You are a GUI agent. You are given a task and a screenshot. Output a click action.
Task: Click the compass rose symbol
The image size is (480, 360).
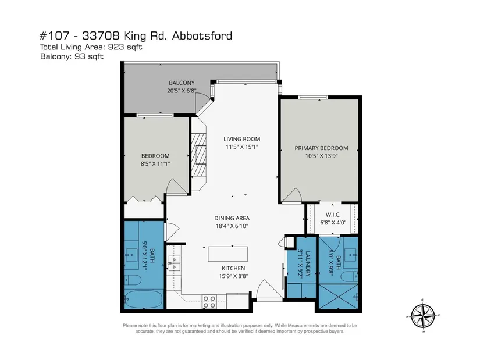(x=423, y=316)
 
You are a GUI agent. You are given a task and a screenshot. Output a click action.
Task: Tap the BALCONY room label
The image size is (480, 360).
(x=182, y=83)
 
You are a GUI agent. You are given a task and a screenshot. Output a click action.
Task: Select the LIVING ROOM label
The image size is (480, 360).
(x=241, y=139)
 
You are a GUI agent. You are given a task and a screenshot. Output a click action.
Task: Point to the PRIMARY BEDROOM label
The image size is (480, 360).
(x=321, y=148)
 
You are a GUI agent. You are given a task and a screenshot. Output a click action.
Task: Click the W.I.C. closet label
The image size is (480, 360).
(x=333, y=215)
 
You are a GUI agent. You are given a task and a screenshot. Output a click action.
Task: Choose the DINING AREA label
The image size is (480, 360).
(x=232, y=218)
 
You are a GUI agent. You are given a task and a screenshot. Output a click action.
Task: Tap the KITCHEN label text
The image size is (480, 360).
(x=233, y=268)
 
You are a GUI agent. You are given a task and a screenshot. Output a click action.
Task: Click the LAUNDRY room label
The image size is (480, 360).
(x=308, y=263)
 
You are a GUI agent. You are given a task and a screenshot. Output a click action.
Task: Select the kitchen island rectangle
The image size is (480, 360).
(x=227, y=254)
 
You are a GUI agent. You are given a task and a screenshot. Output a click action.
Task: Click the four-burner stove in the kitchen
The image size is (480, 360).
(x=209, y=301)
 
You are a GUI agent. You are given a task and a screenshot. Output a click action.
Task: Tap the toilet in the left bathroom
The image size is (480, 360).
(x=133, y=280)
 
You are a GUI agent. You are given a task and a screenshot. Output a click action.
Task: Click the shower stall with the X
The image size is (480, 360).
(x=338, y=297)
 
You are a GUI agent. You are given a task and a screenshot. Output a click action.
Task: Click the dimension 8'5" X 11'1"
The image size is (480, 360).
(x=155, y=164)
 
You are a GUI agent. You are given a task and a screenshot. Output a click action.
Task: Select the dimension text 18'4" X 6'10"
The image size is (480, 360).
(x=232, y=226)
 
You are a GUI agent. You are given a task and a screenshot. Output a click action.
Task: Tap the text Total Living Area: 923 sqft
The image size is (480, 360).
(x=91, y=47)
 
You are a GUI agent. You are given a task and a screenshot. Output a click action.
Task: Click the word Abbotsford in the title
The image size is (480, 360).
(x=202, y=36)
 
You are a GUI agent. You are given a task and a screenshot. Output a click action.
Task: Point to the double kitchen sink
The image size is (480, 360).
(x=174, y=263)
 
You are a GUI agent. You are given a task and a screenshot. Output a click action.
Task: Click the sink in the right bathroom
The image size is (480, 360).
(x=350, y=254)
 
